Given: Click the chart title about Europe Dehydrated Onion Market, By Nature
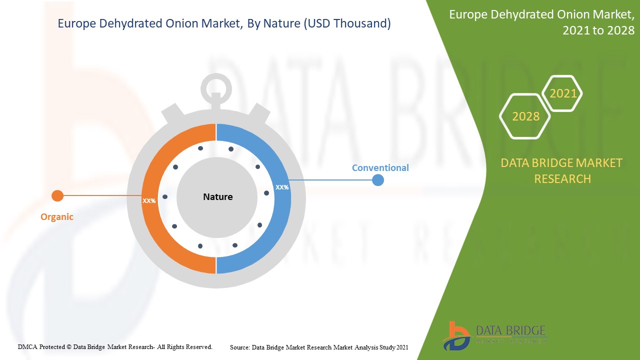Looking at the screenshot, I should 224,23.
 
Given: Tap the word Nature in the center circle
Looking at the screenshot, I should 217,197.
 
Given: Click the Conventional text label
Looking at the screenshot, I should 380,168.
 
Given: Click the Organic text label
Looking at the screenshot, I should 57,217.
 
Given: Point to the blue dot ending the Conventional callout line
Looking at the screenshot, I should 378,180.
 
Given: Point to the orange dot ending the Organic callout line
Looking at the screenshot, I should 57,195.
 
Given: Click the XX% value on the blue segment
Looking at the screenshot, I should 282,187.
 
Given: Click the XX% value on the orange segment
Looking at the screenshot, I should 149,200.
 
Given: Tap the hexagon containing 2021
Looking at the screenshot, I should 562,93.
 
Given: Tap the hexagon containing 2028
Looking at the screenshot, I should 525,116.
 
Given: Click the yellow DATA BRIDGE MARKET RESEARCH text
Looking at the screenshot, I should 562,171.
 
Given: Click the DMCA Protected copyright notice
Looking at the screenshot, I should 115,346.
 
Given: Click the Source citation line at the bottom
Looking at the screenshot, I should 319,347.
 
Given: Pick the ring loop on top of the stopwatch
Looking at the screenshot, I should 216,88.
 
